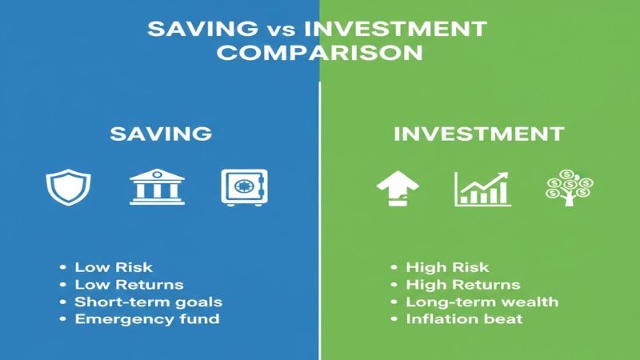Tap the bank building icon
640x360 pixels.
click(157, 186)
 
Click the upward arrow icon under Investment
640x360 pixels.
click(397, 187)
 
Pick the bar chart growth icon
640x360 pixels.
click(482, 187)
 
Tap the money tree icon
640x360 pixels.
click(568, 187)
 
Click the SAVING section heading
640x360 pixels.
click(161, 133)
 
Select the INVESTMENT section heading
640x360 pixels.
click(479, 133)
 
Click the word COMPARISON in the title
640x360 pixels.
click(320, 54)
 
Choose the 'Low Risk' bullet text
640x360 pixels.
click(113, 267)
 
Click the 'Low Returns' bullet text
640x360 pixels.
click(129, 285)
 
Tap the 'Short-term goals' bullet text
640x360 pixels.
click(148, 302)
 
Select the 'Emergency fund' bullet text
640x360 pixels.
click(146, 320)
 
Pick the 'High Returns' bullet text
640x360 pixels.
click(463, 285)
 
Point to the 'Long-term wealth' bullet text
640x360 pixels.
click(482, 302)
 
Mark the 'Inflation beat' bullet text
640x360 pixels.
click(464, 320)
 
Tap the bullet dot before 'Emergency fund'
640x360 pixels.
click(62, 320)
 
